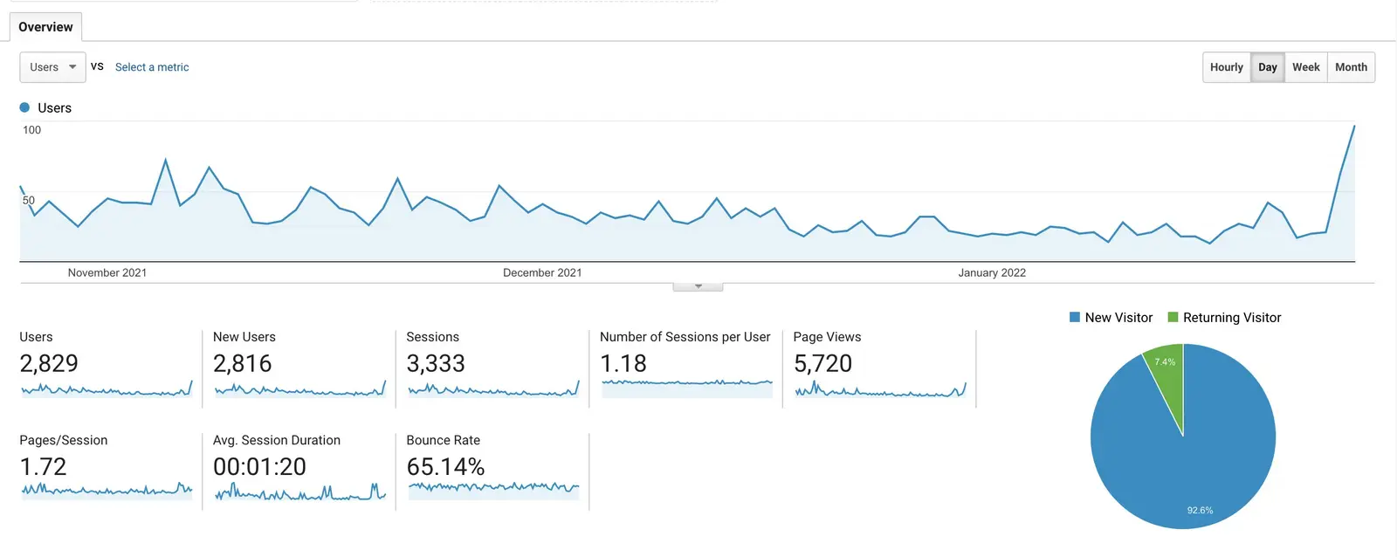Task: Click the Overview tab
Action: pyautogui.click(x=45, y=27)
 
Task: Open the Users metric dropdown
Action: pyautogui.click(x=52, y=67)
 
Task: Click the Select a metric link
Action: pyautogui.click(x=152, y=67)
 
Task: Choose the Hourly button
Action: pyautogui.click(x=1226, y=67)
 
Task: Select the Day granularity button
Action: pyautogui.click(x=1267, y=67)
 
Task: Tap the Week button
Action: pyautogui.click(x=1305, y=67)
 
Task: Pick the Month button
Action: pyautogui.click(x=1351, y=67)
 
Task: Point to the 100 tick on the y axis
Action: pyautogui.click(x=32, y=130)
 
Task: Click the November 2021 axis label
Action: pyautogui.click(x=107, y=272)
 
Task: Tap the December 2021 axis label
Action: pyautogui.click(x=542, y=272)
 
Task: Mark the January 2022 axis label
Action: pyautogui.click(x=992, y=272)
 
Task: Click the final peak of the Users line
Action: pyautogui.click(x=1354, y=127)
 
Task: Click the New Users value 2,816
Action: pyautogui.click(x=243, y=363)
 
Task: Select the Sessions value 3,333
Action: pyautogui.click(x=436, y=363)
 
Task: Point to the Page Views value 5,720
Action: pyautogui.click(x=822, y=363)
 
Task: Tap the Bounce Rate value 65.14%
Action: pyautogui.click(x=445, y=467)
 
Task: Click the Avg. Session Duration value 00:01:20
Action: pyautogui.click(x=259, y=467)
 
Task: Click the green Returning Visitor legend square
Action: pyautogui.click(x=1173, y=317)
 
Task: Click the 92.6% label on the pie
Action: pyautogui.click(x=1200, y=510)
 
